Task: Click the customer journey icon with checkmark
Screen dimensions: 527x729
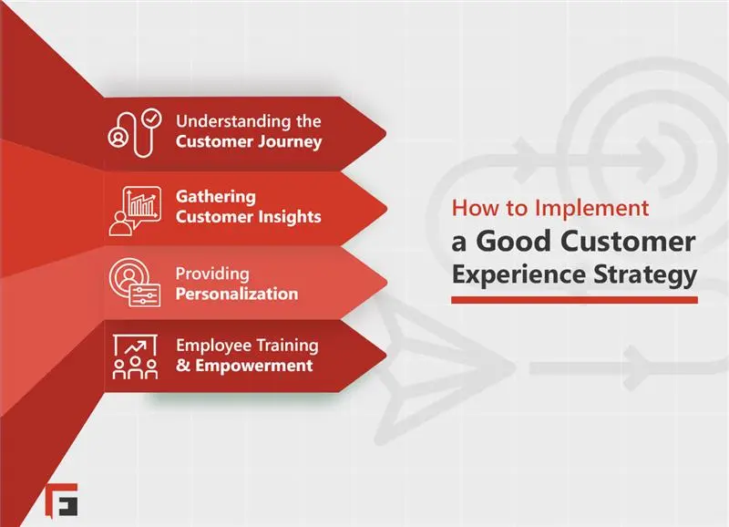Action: tap(134, 131)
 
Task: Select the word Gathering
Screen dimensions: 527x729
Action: tap(215, 196)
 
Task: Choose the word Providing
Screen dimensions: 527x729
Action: tap(212, 274)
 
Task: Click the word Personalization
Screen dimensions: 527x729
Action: tap(236, 294)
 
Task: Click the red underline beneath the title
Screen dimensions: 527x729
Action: tap(574, 299)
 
